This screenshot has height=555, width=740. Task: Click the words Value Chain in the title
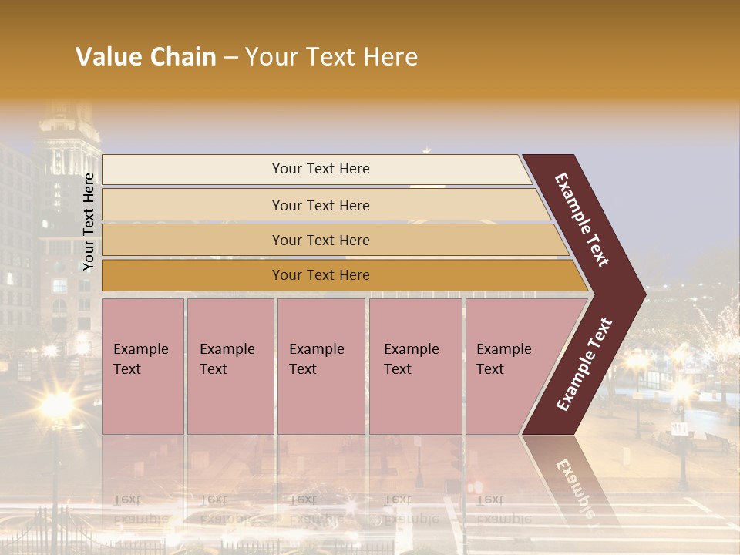146,57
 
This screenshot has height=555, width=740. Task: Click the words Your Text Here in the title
331,57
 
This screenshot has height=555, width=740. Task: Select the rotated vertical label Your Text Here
89,222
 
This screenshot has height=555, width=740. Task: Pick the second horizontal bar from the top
321,205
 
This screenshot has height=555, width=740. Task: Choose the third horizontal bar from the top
321,240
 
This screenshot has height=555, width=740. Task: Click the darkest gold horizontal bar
321,275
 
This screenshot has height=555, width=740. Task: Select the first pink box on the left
143,366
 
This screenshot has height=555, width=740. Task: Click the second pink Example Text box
230,366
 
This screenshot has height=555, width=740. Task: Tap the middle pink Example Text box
321,366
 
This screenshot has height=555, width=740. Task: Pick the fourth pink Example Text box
415,366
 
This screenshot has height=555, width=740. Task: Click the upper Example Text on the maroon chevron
582,220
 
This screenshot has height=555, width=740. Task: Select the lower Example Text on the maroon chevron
584,365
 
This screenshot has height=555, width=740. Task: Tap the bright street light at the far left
57,404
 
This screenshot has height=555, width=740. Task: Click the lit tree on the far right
721,331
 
